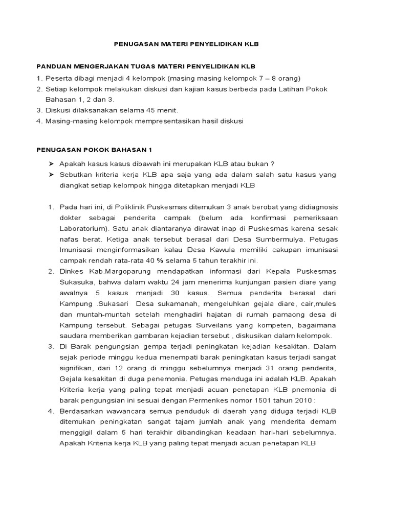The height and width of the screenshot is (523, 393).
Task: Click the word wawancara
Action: point(119,411)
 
